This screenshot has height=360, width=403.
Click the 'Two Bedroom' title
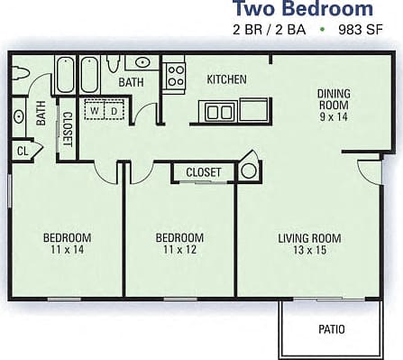click(302, 10)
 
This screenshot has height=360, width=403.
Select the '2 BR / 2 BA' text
click(268, 30)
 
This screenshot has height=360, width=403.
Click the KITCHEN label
click(226, 79)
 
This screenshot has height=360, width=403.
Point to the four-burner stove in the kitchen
click(175, 73)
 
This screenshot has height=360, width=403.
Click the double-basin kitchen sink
click(218, 112)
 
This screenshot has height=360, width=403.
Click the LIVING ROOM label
click(309, 238)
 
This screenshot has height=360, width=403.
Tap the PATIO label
click(331, 329)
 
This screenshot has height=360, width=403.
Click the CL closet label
click(23, 152)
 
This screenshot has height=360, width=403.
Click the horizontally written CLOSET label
click(205, 171)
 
